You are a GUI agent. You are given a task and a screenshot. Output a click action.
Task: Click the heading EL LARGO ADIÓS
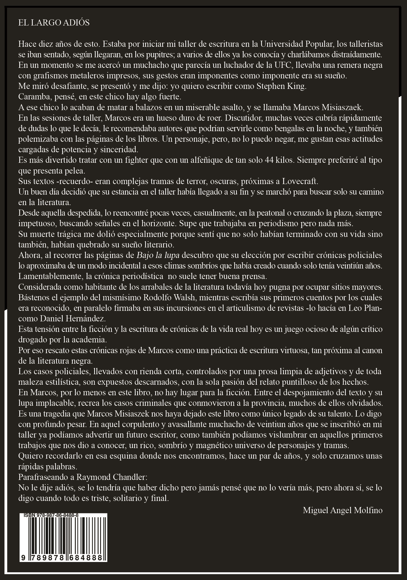[x=54, y=23]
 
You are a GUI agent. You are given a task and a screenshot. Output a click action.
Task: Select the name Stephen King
[x=281, y=86]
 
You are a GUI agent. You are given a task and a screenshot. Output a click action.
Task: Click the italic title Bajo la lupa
[x=158, y=255]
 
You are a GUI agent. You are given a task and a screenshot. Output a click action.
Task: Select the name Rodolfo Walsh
[x=169, y=297]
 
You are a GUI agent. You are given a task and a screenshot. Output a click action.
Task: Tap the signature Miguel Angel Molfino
[x=343, y=510]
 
